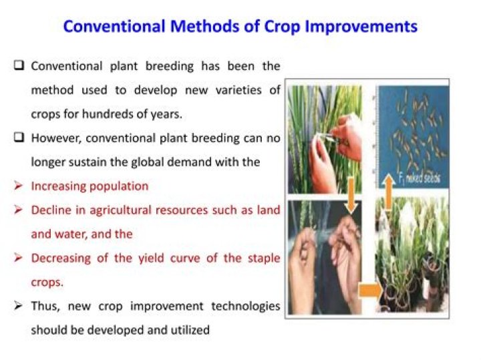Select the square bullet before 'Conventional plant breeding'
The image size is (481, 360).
[19, 66]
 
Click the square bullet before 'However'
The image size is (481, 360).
[19, 138]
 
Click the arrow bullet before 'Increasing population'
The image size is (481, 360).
[19, 186]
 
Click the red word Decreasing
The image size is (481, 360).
[60, 258]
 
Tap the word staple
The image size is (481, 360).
[263, 258]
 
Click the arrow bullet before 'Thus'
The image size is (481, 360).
[19, 306]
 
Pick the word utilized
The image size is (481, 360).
[188, 330]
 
